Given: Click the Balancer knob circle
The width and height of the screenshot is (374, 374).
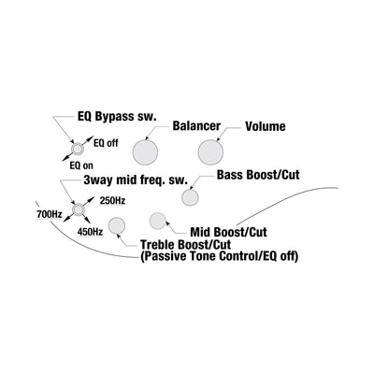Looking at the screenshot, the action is [145, 152].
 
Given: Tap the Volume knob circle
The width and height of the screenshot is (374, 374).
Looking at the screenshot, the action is [210, 152].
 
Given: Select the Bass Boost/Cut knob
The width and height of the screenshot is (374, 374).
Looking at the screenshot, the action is [190, 197].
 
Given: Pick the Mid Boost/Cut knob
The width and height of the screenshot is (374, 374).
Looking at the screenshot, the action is [158, 221].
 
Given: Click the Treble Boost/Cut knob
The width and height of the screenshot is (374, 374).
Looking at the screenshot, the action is [117, 225].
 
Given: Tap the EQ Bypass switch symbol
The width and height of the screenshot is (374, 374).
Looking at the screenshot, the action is [78, 149].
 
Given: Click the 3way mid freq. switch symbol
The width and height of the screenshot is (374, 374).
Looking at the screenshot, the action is [78, 209].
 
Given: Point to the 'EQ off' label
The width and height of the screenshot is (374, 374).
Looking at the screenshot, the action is [106, 143].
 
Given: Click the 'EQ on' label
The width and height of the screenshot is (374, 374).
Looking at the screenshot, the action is [81, 165].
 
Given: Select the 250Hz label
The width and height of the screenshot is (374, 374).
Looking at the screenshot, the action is [112, 201].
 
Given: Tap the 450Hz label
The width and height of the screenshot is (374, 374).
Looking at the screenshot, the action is [90, 232].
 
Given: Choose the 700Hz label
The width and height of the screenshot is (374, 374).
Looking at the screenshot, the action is [50, 214].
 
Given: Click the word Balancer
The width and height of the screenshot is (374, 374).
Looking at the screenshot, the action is [196, 126].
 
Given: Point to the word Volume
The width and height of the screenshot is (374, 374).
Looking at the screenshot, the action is [266, 126].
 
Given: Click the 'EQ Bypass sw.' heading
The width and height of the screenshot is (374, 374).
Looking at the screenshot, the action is [117, 117].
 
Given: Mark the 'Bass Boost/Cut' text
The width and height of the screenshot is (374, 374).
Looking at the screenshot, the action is [258, 175].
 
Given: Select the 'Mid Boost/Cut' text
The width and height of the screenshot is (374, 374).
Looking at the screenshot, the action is [229, 232].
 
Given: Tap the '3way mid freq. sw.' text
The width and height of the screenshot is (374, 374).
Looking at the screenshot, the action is [136, 180].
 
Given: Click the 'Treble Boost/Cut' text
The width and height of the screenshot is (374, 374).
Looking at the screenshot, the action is [186, 244].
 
